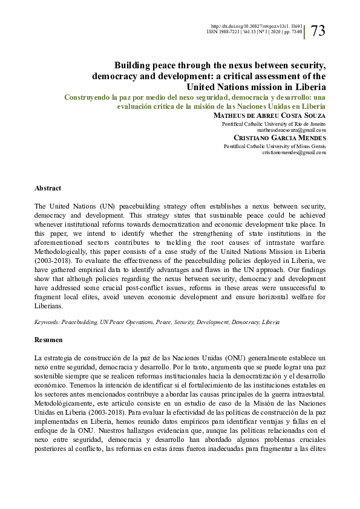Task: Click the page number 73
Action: point(318,31)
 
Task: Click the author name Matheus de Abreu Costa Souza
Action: point(270,114)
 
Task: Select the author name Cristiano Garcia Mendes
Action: point(279,137)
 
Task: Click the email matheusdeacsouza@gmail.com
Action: point(292,129)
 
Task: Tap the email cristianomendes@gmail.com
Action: point(294,152)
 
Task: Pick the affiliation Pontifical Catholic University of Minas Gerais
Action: point(275,146)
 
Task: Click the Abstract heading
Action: point(48,188)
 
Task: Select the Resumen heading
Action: point(48,340)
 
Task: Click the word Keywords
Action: point(47,323)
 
